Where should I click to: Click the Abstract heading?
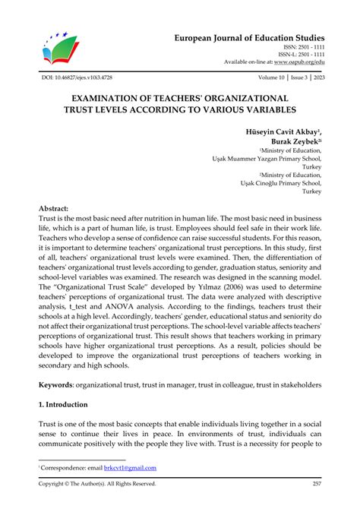pos(53,207)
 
